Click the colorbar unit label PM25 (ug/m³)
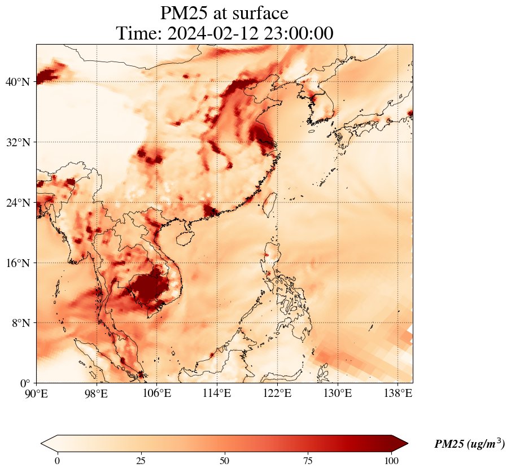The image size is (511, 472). click(469, 444)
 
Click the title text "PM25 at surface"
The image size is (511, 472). click(224, 13)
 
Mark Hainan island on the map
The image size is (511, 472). click(184, 238)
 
